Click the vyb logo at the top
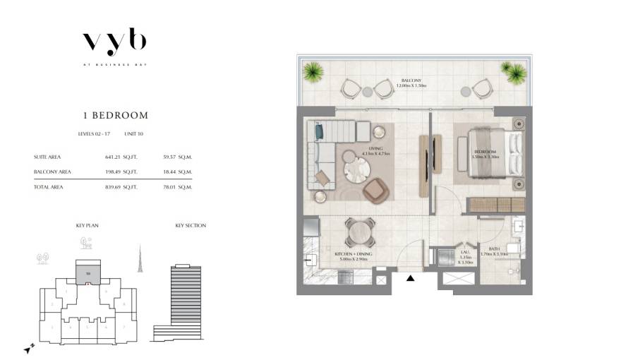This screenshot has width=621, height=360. (114, 42)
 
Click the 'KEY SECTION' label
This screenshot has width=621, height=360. (191, 226)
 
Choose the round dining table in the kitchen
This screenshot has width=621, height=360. (356, 230)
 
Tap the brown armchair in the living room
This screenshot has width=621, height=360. (375, 188)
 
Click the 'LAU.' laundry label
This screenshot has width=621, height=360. (466, 250)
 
